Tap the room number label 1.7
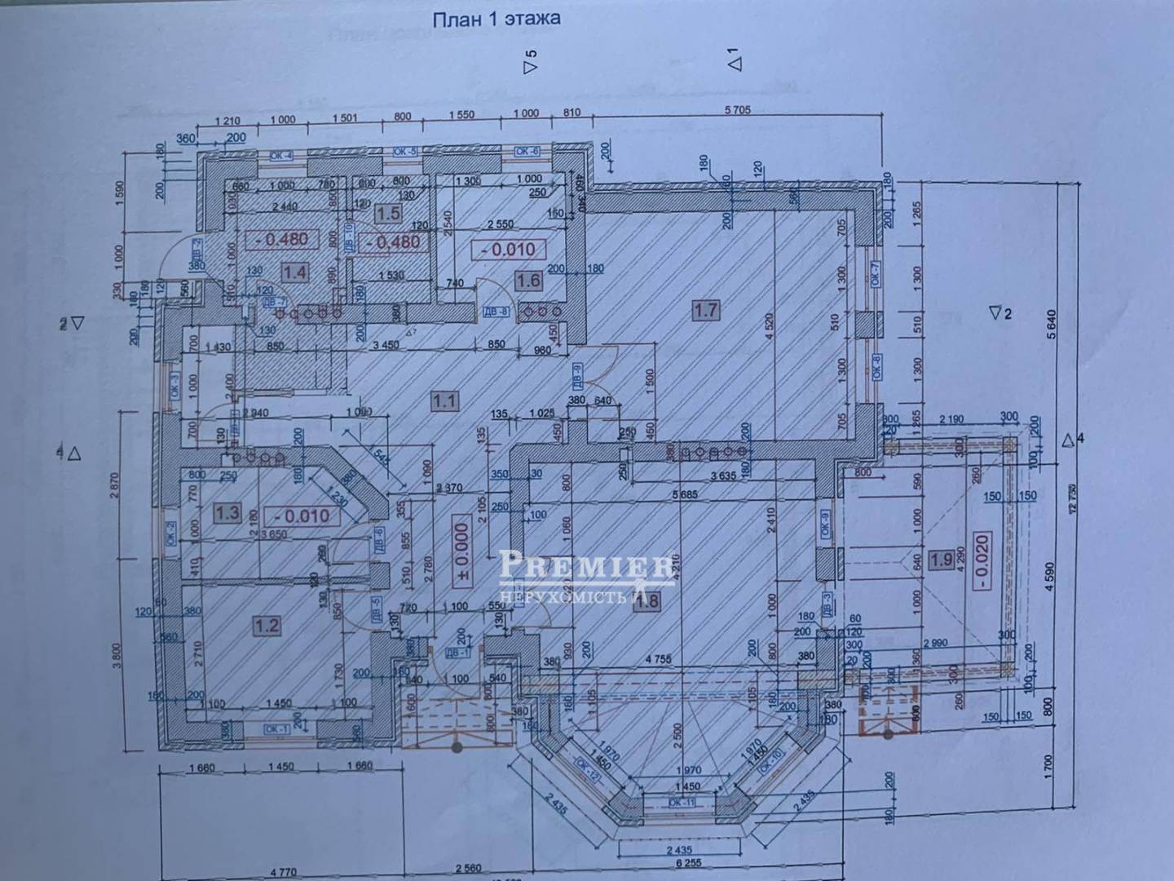[705, 309]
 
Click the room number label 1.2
[267, 626]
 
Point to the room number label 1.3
[227, 512]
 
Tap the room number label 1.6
[528, 281]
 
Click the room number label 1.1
[444, 401]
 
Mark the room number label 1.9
[942, 560]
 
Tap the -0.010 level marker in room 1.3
[302, 516]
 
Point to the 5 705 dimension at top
[735, 111]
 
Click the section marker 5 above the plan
[531, 61]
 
